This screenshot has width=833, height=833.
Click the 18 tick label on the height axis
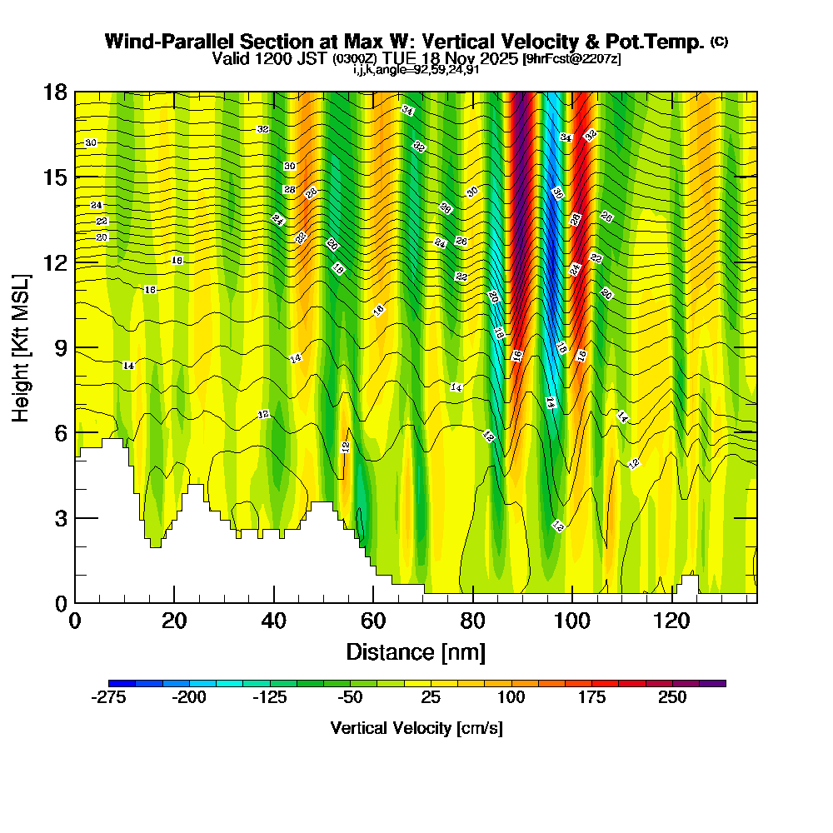pos(56,92)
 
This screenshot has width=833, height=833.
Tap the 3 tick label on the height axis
pos(60,518)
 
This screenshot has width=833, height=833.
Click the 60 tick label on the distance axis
pos(373,621)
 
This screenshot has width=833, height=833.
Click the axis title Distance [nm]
pos(416,651)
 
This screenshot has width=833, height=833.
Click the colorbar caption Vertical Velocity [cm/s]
pos(416,728)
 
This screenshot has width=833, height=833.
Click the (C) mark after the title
pos(719,41)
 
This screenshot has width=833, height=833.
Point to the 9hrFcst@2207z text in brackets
pos(571,59)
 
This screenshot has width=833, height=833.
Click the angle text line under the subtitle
pos(416,70)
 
